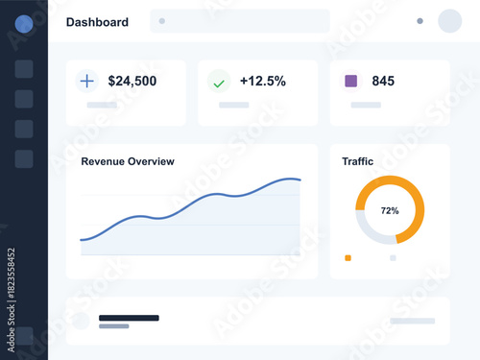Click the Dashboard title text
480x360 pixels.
(x=97, y=22)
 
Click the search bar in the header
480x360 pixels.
(x=240, y=20)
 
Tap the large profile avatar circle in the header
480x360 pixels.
(x=450, y=21)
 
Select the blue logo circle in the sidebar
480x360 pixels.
(x=24, y=24)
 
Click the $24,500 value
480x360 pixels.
(x=132, y=82)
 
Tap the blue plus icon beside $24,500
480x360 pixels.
(x=87, y=82)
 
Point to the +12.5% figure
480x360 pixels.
(x=263, y=82)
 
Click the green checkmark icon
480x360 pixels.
(x=219, y=83)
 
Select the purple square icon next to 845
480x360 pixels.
(x=351, y=82)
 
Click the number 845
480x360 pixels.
(x=383, y=82)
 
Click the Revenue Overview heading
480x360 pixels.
(x=128, y=161)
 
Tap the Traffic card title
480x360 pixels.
(x=358, y=161)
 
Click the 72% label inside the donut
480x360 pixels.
(x=390, y=210)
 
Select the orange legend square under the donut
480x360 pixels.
(x=348, y=257)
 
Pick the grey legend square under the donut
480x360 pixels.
(x=393, y=257)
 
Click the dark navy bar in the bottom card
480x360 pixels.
(x=129, y=317)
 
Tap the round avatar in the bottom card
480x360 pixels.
(x=81, y=321)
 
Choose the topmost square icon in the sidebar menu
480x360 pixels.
(x=24, y=68)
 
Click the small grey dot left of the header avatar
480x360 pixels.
(x=420, y=21)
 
